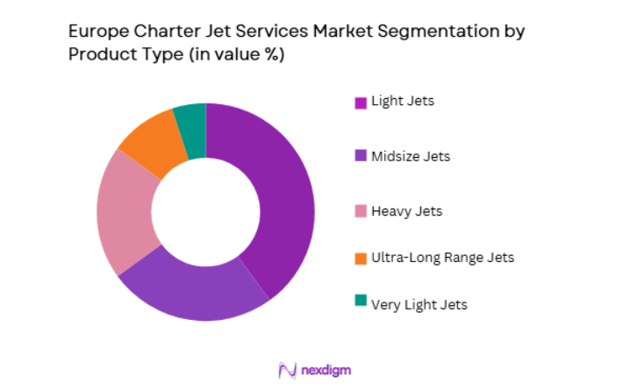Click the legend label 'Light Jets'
pos(403,101)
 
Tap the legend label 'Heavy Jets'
pos(406,211)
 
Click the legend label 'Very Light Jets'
pos(419,304)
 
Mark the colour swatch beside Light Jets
pos(361,102)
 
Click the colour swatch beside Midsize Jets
pos(361,156)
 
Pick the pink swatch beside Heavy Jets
pos(361,211)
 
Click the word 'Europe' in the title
pos(94,32)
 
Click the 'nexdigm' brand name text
pos(326,370)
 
